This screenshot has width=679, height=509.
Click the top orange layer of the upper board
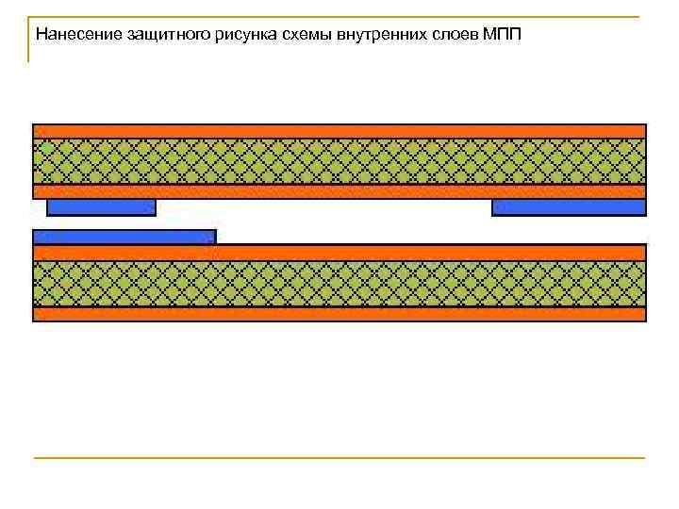(339, 131)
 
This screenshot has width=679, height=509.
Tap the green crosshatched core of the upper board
(339, 160)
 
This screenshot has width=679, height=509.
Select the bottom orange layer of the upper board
(339, 191)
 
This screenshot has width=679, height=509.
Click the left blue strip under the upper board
(101, 207)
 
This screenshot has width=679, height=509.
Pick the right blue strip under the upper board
(569, 207)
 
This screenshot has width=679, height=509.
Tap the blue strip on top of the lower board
(124, 237)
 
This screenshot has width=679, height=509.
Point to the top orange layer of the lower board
(339, 253)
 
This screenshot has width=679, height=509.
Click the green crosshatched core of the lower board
(339, 284)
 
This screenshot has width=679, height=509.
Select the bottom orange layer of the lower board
(339, 314)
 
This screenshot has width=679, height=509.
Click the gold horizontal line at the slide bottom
(339, 458)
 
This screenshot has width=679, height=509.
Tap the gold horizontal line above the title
(339, 16)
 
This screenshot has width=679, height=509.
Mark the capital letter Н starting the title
(41, 35)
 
